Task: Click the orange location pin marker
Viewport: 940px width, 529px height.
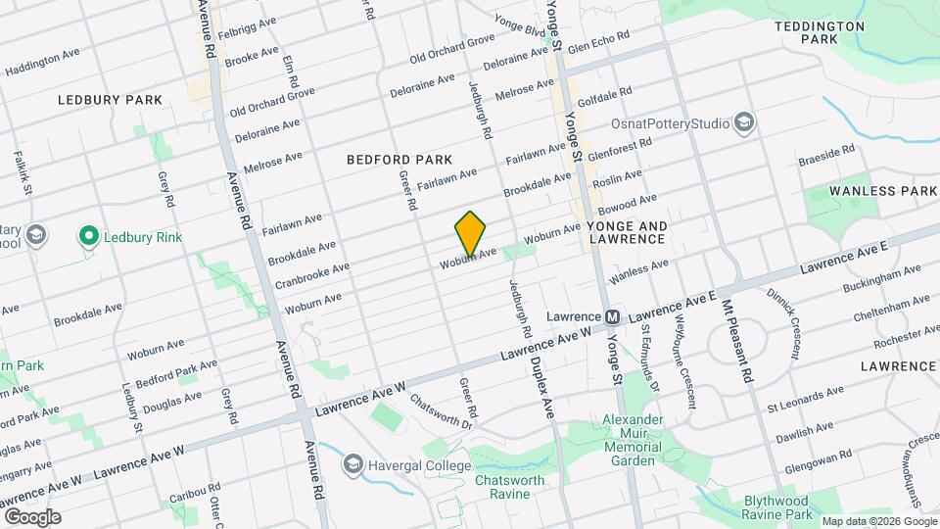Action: (470, 233)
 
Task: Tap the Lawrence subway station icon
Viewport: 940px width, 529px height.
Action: (613, 317)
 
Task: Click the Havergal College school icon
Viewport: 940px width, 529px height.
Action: (352, 463)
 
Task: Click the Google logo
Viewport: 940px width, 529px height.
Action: (32, 516)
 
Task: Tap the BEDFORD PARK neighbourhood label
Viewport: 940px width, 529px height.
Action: (399, 159)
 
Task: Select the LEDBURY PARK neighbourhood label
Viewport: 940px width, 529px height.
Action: (109, 100)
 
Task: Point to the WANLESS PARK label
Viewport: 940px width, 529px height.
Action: (882, 190)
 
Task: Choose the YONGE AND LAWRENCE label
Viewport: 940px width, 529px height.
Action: (628, 232)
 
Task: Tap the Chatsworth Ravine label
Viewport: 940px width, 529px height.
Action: (515, 487)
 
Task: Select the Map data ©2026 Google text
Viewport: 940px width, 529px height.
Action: (878, 520)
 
